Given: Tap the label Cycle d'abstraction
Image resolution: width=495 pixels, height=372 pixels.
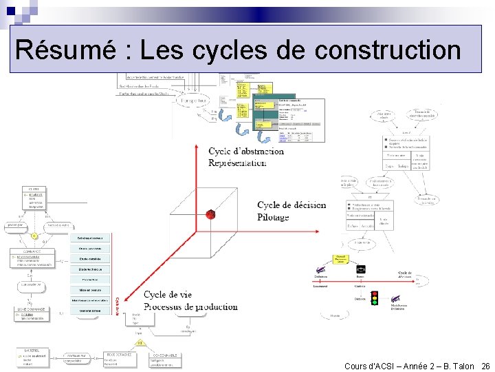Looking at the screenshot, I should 246,152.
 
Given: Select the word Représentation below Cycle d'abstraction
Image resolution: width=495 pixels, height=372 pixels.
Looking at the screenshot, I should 237,163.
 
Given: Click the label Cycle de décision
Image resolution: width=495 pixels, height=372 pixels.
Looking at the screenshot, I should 291,205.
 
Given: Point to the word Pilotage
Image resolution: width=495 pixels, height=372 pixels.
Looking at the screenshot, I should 273,217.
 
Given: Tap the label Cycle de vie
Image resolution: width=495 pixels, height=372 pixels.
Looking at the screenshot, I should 168,295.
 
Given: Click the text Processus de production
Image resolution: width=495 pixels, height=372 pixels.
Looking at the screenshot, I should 190,307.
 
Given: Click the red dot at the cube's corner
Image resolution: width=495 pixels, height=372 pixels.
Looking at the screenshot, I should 210,214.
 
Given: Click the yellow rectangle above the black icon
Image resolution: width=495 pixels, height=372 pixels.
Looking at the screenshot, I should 340,260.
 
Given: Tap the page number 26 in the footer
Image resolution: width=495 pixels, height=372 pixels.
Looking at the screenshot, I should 486,366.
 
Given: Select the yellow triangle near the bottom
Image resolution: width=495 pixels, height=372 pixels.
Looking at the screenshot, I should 140,342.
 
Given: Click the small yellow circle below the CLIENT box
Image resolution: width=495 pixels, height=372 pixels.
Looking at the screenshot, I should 34,236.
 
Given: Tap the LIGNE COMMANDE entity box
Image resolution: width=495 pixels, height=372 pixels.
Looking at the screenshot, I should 32,313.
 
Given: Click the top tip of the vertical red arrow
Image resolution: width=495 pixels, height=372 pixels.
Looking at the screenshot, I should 197,146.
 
